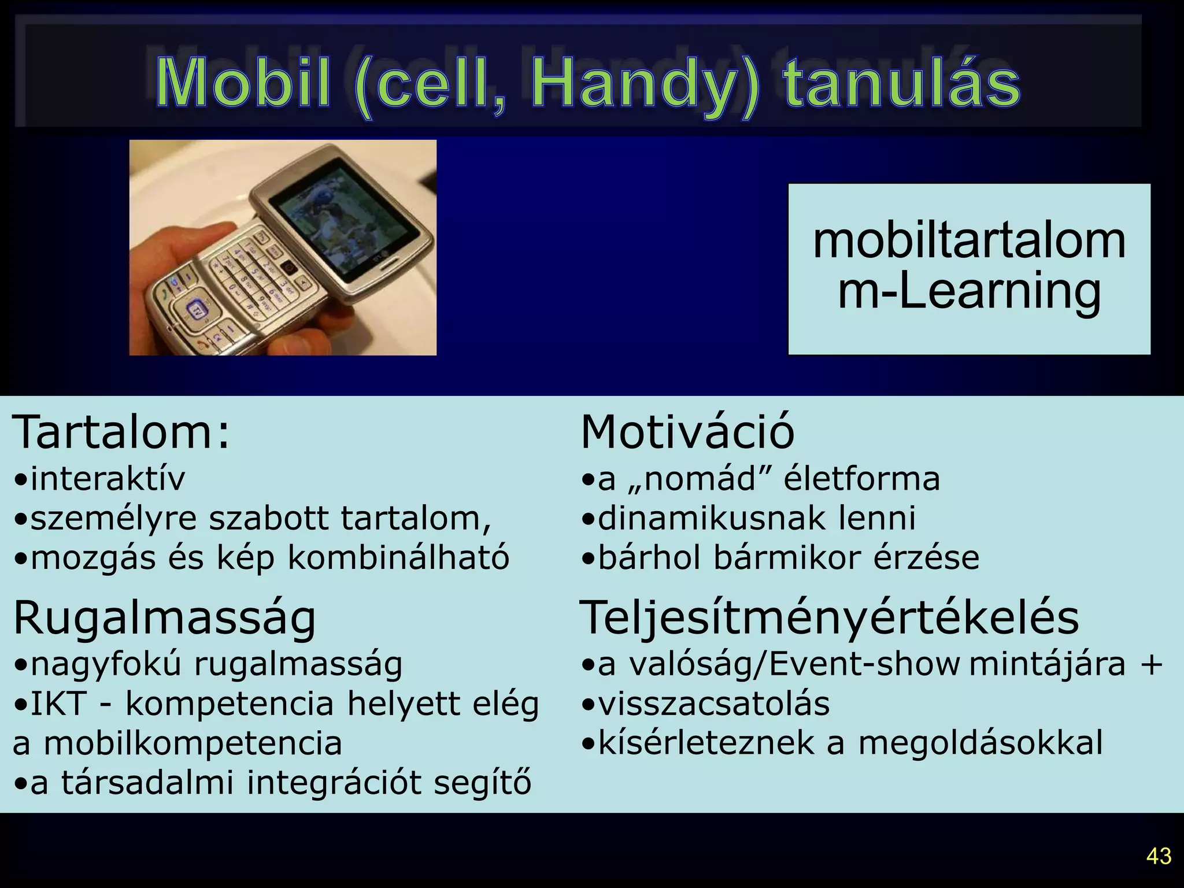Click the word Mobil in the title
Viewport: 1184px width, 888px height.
[x=243, y=84]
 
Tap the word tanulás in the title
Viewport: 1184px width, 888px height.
[x=901, y=84]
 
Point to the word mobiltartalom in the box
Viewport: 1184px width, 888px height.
[x=969, y=241]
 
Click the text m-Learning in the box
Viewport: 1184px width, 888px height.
[x=969, y=292]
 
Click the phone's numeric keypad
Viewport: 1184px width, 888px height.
[x=254, y=277]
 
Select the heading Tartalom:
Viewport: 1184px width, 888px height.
[x=121, y=432]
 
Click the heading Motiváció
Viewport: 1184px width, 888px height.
[x=687, y=432]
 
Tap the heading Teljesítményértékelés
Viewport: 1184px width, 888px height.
[x=829, y=617]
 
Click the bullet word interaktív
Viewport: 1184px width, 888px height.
[x=108, y=479]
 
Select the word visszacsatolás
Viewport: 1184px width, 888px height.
[x=713, y=704]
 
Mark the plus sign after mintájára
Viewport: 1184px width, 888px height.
[x=1150, y=665]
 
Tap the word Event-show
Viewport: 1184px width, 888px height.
[x=864, y=665]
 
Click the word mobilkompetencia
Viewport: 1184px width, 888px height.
[x=193, y=743]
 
